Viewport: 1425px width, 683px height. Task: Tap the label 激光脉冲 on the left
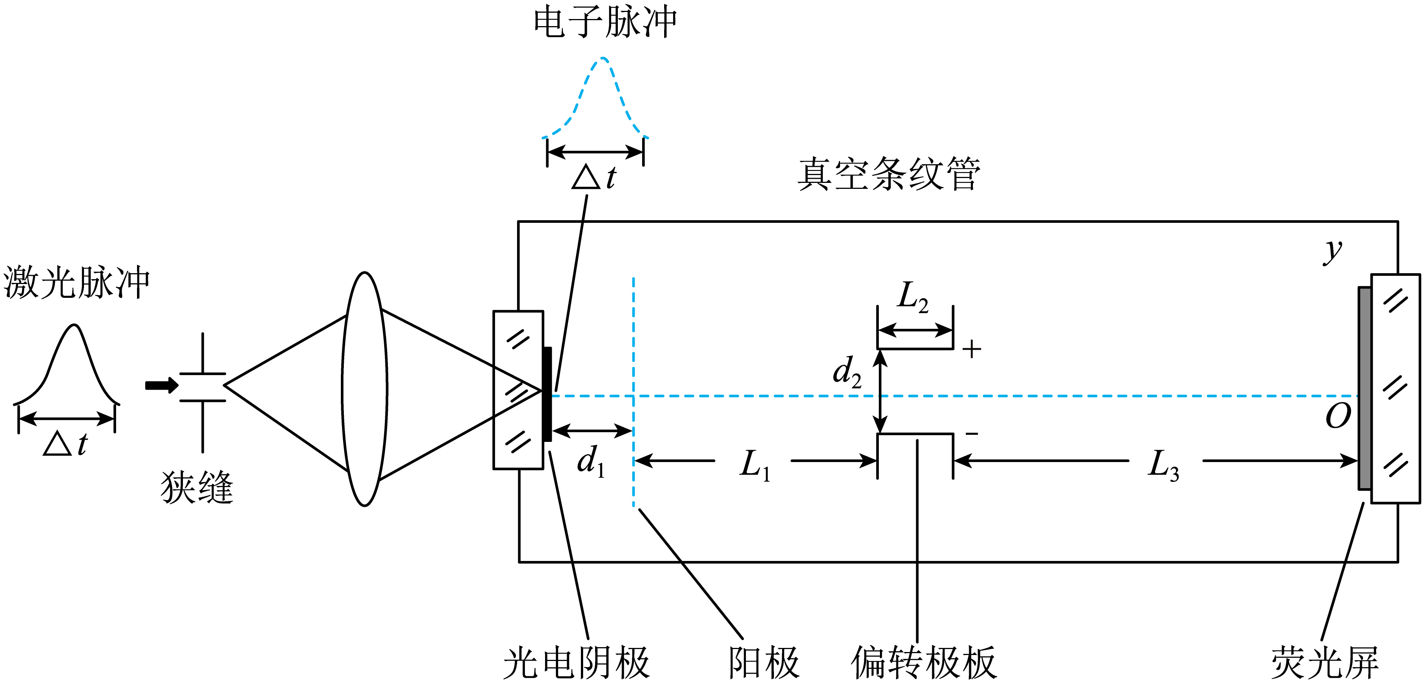(76, 282)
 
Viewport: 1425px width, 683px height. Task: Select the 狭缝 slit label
(197, 487)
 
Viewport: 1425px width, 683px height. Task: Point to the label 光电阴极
(576, 662)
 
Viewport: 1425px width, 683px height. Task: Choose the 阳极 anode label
(764, 662)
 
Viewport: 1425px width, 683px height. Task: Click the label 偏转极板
(924, 662)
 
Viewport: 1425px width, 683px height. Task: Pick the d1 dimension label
(591, 462)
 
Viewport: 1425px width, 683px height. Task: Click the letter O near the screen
(1338, 416)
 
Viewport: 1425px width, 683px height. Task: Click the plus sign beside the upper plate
(972, 349)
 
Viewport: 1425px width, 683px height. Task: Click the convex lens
(364, 389)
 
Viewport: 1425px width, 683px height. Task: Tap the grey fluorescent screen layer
(1365, 388)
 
